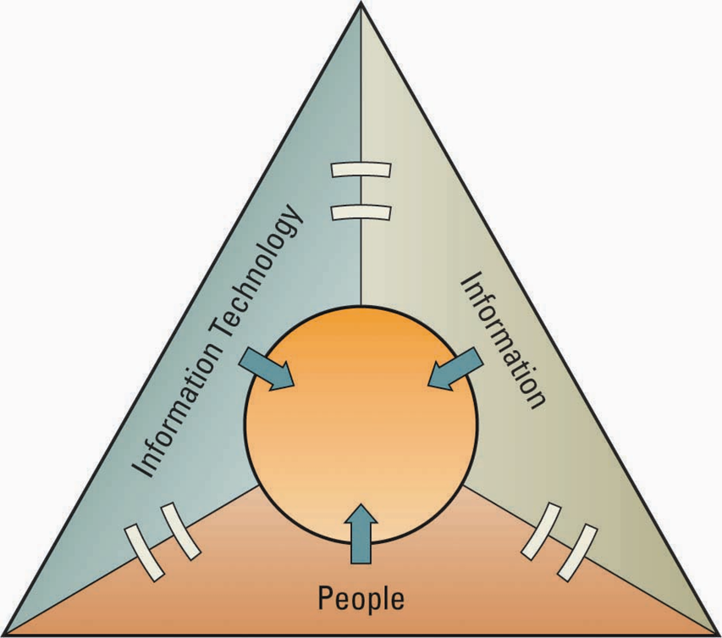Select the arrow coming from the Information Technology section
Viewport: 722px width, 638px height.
click(266, 369)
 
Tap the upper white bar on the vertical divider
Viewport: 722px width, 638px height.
click(361, 170)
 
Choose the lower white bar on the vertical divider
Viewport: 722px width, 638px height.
click(361, 209)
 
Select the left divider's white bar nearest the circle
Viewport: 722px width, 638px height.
click(180, 531)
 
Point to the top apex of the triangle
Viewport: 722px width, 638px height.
click(361, 4)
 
